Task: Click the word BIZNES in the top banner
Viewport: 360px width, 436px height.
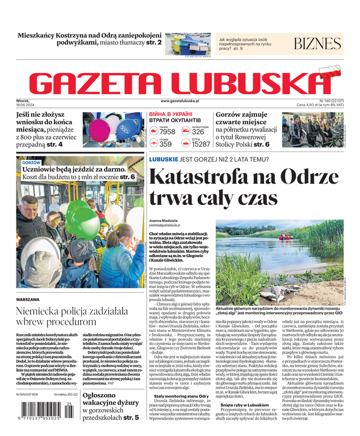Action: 318,44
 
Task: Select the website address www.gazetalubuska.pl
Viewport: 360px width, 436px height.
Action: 180,101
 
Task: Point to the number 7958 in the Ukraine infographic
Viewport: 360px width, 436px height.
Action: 167,132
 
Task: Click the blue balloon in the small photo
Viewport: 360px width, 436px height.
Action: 123,128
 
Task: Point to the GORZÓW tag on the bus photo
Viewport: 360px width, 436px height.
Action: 32,162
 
